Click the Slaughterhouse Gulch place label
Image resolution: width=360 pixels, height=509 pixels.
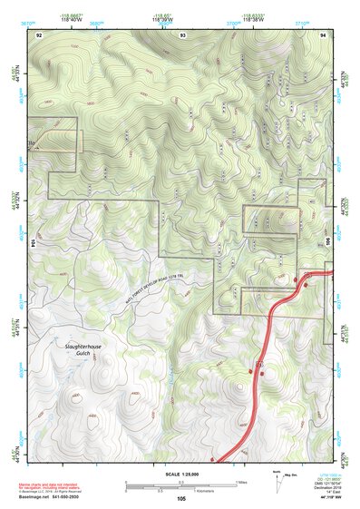click(65, 347)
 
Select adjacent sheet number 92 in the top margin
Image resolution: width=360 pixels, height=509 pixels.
click(39, 33)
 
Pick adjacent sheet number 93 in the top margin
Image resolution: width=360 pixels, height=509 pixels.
click(183, 33)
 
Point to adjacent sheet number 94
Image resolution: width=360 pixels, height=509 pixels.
click(324, 33)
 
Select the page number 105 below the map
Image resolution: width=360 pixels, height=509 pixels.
click(181, 499)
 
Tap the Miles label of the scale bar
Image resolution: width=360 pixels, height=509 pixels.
click(239, 482)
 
